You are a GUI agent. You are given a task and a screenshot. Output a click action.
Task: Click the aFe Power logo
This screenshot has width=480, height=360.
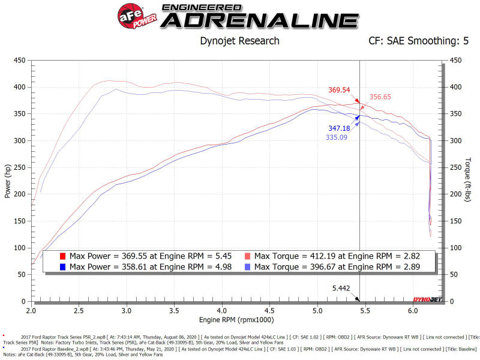(137, 15)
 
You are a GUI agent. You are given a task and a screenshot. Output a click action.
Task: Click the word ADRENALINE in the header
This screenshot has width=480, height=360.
(259, 20)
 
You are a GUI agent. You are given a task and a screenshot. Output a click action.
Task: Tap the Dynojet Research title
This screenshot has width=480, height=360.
(239, 41)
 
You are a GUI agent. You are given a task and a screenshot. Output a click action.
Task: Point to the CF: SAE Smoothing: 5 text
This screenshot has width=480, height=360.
(419, 41)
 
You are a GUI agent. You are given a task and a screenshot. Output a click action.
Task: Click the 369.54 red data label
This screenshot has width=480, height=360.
(339, 90)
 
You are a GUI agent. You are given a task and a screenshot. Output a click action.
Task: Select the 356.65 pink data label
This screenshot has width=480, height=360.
(380, 97)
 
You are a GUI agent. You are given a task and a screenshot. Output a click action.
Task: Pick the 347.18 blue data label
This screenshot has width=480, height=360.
(339, 128)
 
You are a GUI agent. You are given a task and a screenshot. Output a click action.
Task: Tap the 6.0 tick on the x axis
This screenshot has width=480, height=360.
(412, 311)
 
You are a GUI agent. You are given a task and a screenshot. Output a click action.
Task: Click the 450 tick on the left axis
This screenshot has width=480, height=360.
(19, 60)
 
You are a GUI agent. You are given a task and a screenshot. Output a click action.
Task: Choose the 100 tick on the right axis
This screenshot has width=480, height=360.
(455, 248)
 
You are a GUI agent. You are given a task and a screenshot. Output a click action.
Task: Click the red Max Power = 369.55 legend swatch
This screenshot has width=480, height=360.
(62, 256)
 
